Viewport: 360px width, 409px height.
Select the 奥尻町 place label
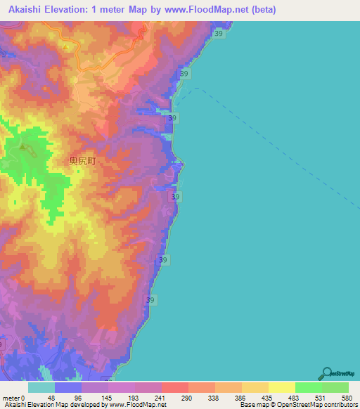pyautogui.click(x=82, y=160)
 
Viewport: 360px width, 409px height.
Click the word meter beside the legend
pyautogui.click(x=12, y=398)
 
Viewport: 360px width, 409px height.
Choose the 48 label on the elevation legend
pyautogui.click(x=51, y=398)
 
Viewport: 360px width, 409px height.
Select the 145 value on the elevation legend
pyautogui.click(x=105, y=398)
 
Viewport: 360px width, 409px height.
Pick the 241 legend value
pyautogui.click(x=158, y=398)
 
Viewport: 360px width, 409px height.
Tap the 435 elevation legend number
pyautogui.click(x=265, y=398)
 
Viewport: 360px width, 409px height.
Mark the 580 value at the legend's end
pyautogui.click(x=345, y=398)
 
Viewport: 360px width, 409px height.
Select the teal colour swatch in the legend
pyautogui.click(x=41, y=387)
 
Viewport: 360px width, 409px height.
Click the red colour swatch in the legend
pyautogui.click(x=175, y=387)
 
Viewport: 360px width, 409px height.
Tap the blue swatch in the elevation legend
pyautogui.click(x=68, y=387)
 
